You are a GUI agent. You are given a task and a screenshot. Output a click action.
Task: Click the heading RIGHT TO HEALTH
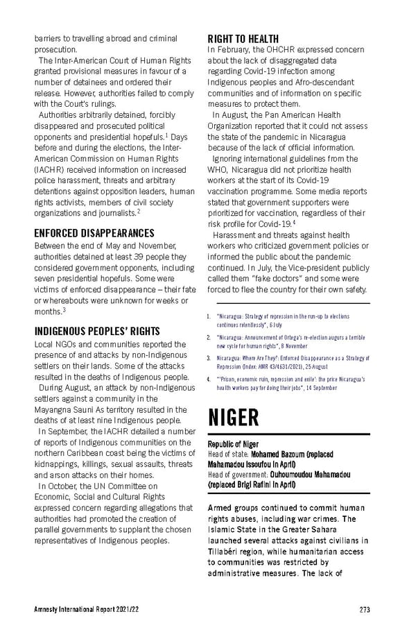point(243,39)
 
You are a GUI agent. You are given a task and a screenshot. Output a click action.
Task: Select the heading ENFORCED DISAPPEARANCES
point(94,233)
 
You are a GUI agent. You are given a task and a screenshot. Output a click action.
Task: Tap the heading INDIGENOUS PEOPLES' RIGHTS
point(97,331)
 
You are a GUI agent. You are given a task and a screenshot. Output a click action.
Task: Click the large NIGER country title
point(234,418)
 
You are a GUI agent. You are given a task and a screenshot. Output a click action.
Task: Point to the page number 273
point(365,610)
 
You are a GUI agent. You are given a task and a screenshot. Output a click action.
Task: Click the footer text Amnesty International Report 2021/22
point(89,610)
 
